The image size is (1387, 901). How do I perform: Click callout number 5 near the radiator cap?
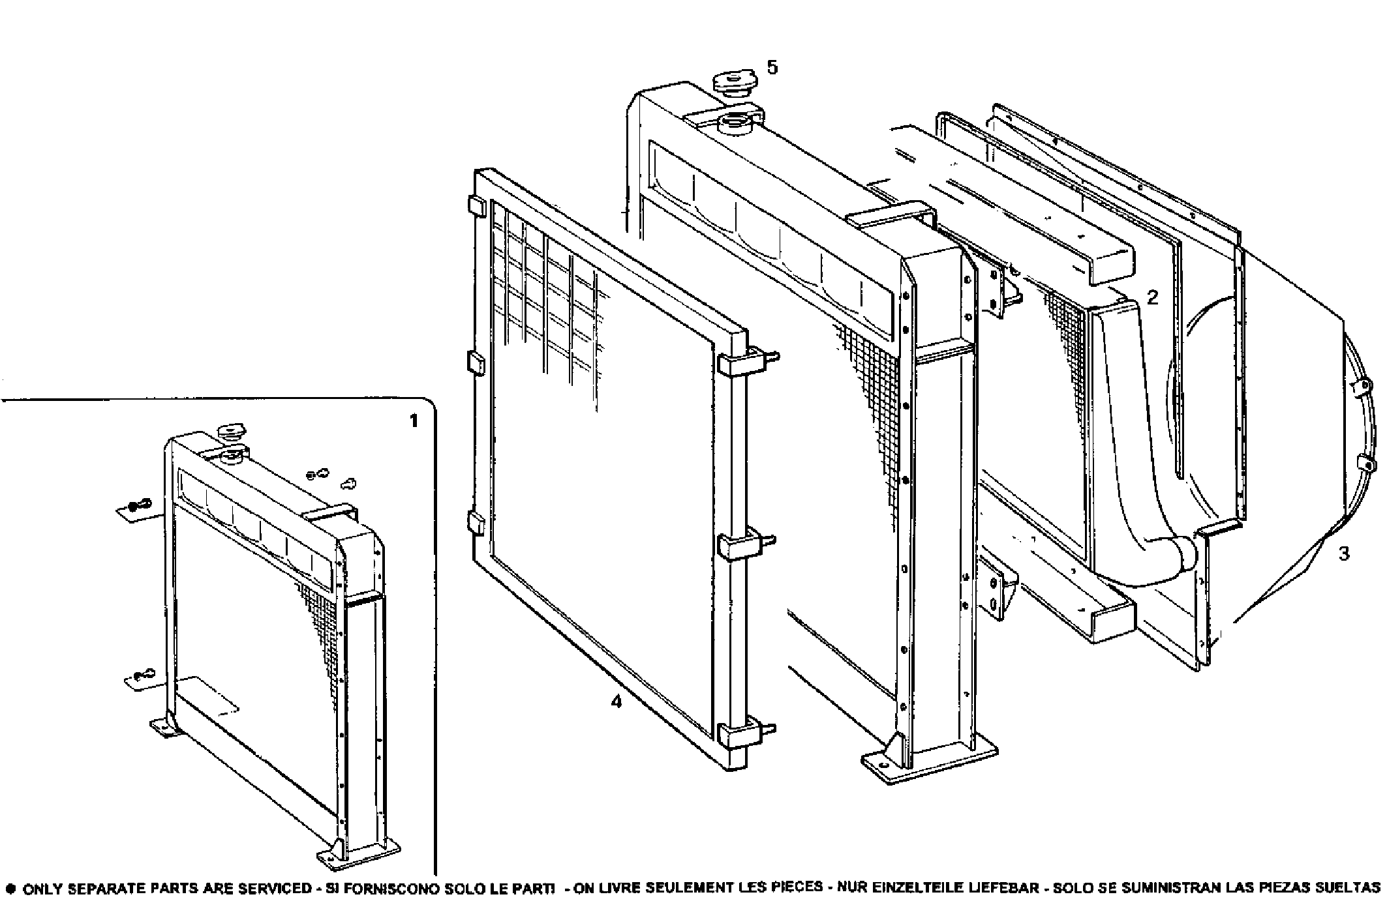[x=772, y=68]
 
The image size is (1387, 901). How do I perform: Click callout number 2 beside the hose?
[x=1153, y=298]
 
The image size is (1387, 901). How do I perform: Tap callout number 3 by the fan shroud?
[x=1344, y=554]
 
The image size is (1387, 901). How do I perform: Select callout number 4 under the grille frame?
[x=616, y=702]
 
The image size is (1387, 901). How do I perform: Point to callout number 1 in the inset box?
[x=413, y=421]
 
